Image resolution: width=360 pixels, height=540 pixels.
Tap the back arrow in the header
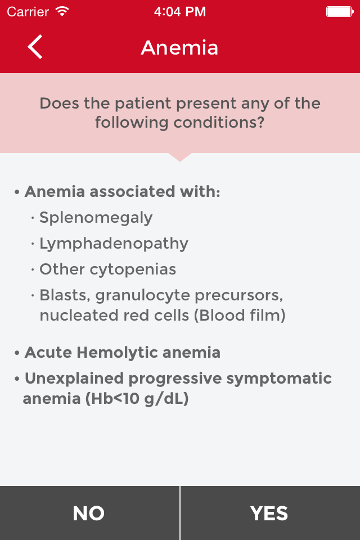(x=35, y=47)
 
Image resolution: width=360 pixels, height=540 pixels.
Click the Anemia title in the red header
(x=179, y=47)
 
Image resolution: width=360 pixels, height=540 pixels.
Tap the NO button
(x=89, y=513)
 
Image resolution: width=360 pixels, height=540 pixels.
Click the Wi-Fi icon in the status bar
(x=62, y=12)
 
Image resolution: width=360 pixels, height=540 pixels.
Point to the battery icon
(x=340, y=12)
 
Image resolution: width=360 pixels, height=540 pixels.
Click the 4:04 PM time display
(x=180, y=12)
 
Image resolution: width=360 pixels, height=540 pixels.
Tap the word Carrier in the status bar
(x=28, y=12)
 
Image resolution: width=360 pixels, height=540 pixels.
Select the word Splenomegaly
(x=96, y=218)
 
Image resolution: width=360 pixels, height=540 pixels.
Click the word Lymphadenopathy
(x=114, y=244)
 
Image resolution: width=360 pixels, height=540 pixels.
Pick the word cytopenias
(x=133, y=269)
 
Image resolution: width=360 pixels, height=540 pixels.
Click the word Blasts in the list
(x=65, y=295)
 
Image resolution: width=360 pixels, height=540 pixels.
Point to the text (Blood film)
(x=240, y=315)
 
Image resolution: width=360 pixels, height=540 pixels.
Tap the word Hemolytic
(x=117, y=352)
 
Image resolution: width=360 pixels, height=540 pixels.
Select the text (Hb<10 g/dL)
(x=137, y=399)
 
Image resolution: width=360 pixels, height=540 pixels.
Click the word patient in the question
(x=143, y=103)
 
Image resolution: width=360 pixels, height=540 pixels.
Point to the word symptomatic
(x=279, y=379)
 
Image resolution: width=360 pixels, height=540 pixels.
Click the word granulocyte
(x=143, y=295)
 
